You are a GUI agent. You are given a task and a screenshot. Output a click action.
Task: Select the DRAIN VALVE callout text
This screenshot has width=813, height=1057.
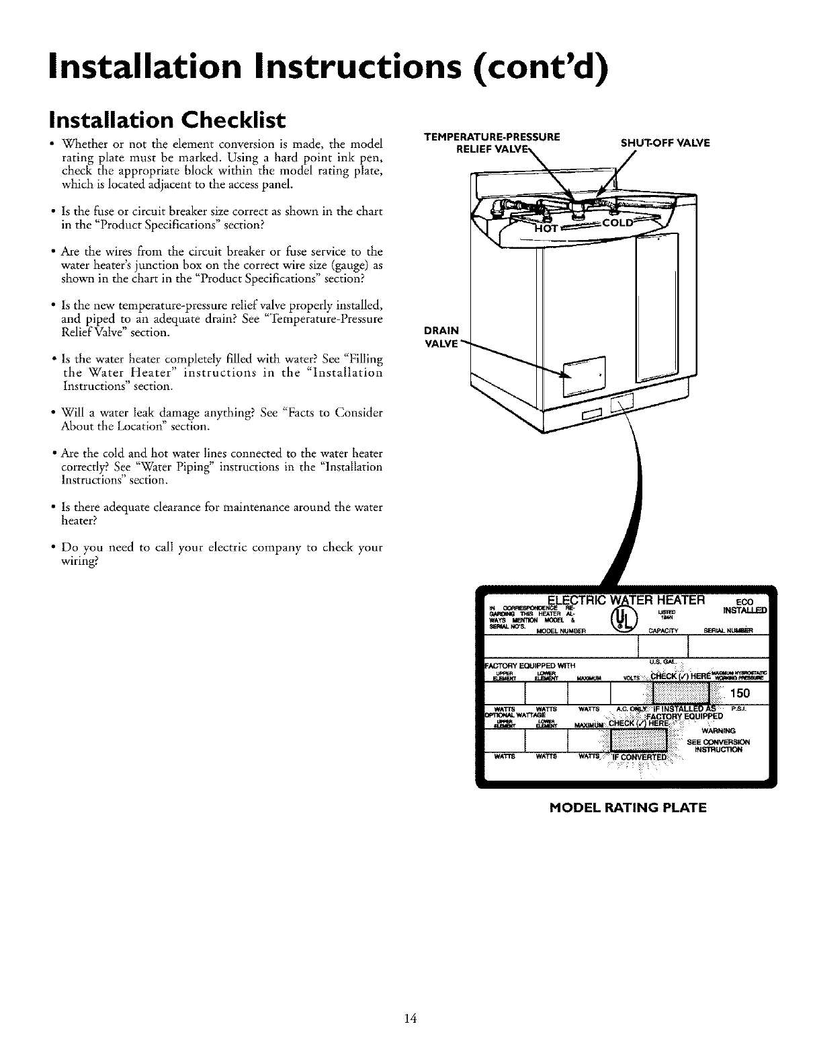coord(441,336)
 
